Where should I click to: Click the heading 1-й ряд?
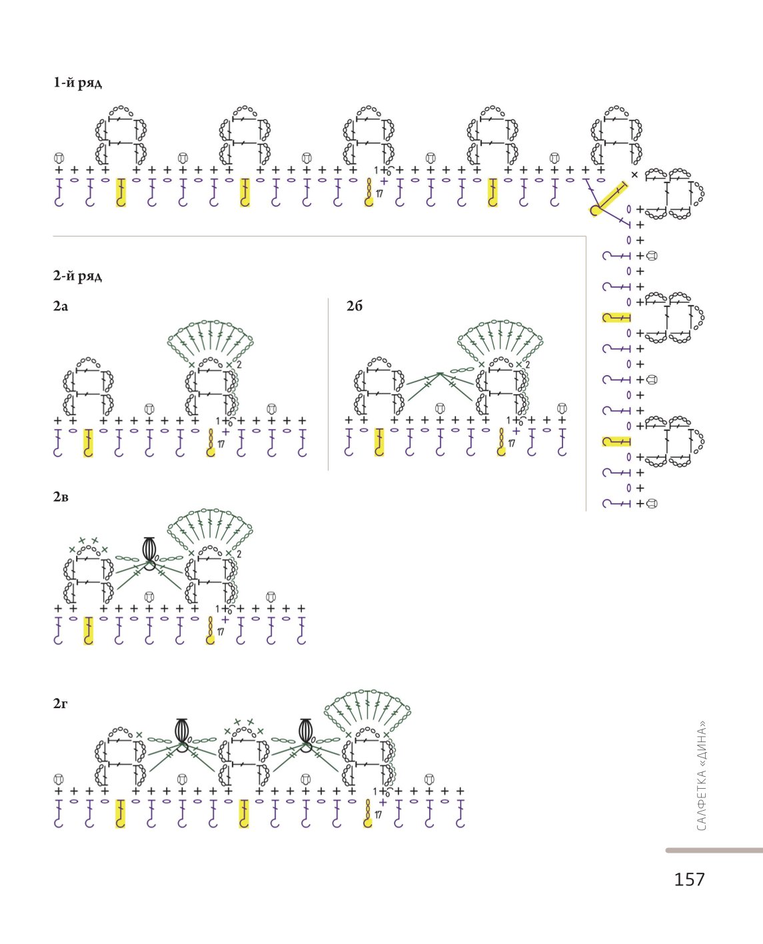click(77, 83)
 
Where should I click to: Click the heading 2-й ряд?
click(77, 276)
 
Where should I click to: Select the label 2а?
click(61, 306)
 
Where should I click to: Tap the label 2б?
click(355, 306)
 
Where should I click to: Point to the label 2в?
click(61, 497)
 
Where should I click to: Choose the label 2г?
click(60, 704)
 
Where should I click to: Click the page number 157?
click(690, 879)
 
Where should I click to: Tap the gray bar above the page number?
click(714, 851)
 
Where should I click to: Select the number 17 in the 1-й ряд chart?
click(379, 194)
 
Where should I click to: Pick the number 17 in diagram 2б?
click(512, 444)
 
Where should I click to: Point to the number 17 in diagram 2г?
click(379, 815)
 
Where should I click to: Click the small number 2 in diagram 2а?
click(239, 365)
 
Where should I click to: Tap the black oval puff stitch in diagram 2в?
click(149, 549)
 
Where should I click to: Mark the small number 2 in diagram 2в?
click(239, 554)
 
